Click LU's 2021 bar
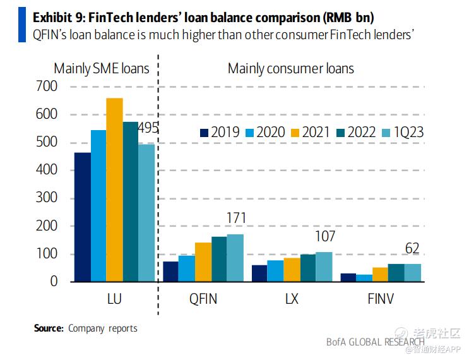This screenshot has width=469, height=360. [114, 189]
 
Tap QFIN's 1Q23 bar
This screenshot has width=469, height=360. [235, 258]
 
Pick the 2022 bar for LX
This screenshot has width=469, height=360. [308, 268]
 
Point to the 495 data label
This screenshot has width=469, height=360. [148, 128]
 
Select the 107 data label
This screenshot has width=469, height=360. [324, 237]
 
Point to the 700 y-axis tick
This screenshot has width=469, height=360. [47, 87]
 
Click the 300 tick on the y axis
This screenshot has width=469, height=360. [47, 198]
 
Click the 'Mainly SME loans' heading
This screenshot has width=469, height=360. [102, 68]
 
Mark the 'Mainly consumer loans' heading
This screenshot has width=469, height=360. [290, 68]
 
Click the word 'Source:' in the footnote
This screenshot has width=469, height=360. [49, 328]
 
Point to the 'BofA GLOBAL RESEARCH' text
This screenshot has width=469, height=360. [375, 342]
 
